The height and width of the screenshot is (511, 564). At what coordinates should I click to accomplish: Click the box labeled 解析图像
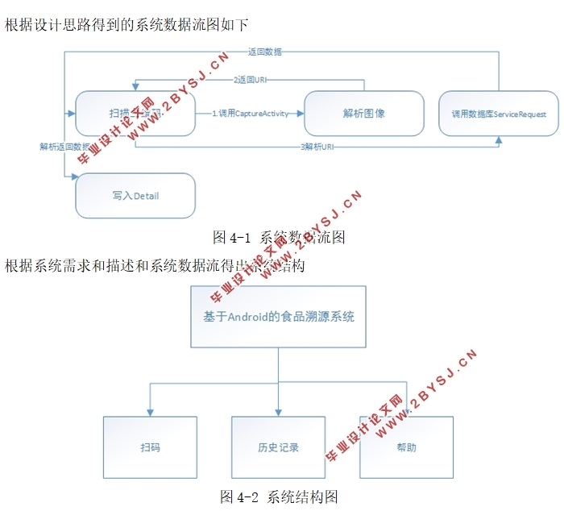tap(363, 113)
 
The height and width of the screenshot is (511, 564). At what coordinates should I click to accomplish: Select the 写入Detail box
tap(135, 196)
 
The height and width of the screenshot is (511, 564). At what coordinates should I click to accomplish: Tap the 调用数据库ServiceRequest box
tap(498, 114)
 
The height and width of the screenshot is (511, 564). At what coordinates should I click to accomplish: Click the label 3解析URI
tap(317, 147)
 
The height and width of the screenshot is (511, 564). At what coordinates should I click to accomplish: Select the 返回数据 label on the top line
tap(265, 52)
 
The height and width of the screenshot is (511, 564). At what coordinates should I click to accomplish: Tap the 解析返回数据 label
tap(64, 147)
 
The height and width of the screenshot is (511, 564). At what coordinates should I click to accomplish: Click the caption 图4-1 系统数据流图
tap(279, 237)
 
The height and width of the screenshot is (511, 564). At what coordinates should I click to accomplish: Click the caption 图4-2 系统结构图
tap(279, 496)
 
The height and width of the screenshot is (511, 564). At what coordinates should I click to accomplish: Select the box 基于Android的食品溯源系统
tap(278, 317)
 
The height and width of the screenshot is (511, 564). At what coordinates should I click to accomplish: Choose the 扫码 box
tap(150, 447)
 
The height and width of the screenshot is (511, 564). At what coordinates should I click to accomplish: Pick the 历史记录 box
tap(278, 447)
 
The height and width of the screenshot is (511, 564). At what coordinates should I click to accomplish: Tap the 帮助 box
tap(406, 447)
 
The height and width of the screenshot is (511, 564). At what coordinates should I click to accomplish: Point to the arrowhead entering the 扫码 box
tap(150, 411)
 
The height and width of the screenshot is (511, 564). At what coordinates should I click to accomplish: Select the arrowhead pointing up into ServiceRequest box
tap(499, 140)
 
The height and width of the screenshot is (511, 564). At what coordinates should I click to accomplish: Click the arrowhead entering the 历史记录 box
tap(278, 411)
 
